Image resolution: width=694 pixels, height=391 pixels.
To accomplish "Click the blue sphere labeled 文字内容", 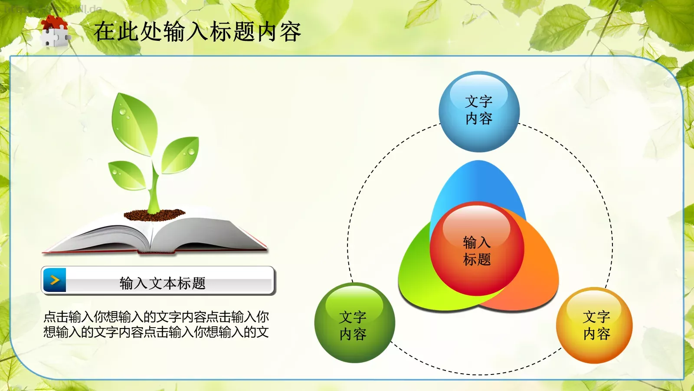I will point(479,111).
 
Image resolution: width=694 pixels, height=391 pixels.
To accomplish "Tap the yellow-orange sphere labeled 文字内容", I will point(595,325).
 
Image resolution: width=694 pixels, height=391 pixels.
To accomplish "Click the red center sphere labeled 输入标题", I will point(477,250).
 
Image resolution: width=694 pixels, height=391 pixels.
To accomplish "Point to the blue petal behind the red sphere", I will point(477,182).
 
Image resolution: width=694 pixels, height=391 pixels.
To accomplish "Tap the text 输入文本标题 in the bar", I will point(163,283).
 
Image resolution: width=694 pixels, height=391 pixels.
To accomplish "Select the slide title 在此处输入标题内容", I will point(197,32).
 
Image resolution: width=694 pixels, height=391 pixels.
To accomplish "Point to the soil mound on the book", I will point(154,214).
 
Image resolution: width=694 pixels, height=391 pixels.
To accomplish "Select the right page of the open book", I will point(204,232).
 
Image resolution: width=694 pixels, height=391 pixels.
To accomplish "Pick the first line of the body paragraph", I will point(156,317).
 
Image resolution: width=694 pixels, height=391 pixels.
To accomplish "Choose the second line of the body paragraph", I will point(156,332).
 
